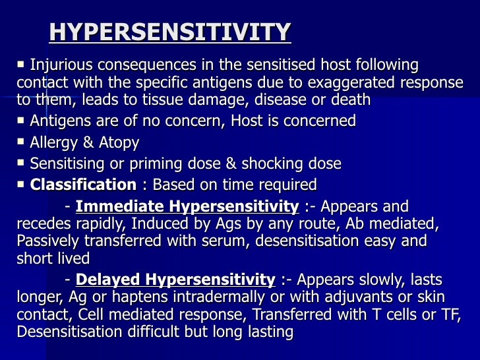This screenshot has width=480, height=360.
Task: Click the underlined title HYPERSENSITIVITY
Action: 169,32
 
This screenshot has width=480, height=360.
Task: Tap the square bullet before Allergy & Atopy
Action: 21,142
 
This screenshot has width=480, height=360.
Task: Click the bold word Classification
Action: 83,185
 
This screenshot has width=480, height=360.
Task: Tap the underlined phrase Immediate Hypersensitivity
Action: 187,206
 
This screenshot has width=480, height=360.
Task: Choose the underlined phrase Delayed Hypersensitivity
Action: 175,279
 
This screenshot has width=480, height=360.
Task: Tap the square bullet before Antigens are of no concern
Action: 21,120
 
